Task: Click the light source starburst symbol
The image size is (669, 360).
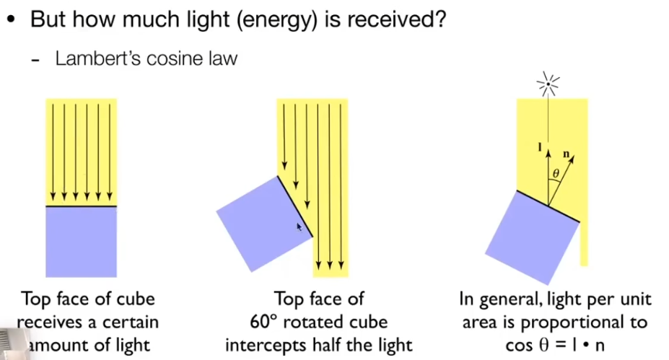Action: (x=548, y=86)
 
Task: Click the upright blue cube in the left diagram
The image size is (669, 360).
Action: (x=81, y=242)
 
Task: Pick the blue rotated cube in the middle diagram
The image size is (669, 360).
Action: (x=263, y=223)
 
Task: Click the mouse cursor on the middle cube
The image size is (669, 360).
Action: (x=300, y=227)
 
